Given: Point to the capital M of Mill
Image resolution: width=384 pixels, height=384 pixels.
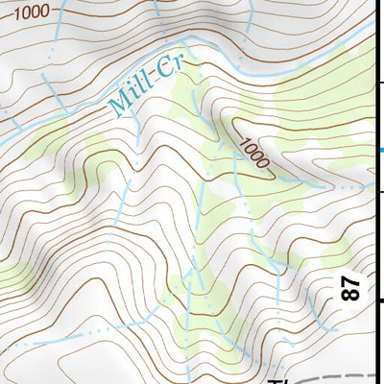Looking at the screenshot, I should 119,103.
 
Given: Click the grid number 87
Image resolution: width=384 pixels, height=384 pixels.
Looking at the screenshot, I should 352,289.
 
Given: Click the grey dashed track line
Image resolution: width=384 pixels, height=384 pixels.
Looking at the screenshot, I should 336,376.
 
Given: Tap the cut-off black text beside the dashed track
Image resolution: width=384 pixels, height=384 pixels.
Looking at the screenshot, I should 276,380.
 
